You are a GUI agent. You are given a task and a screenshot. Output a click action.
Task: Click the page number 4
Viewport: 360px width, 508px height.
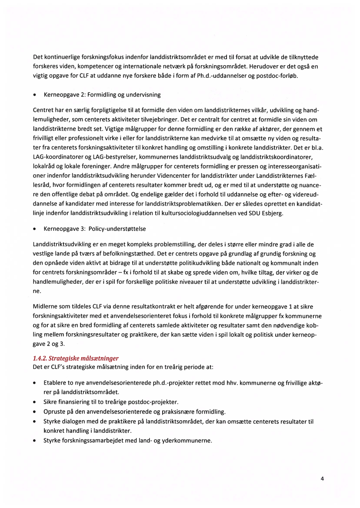[x=322, y=479]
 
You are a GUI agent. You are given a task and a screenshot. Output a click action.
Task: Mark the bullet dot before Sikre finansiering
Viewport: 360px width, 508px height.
[x=35, y=402]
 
